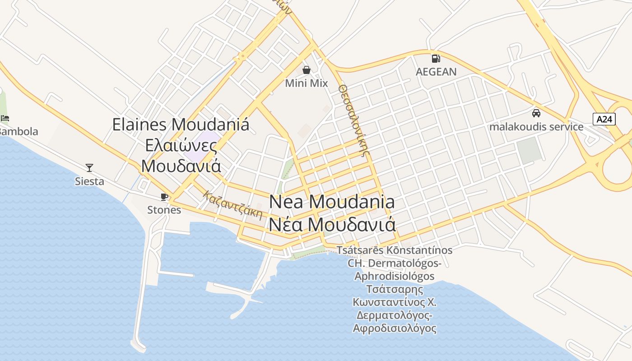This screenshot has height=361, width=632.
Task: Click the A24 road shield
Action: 604,119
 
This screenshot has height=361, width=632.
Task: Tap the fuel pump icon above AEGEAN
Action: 436,58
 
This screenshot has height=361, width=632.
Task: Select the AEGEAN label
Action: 436,72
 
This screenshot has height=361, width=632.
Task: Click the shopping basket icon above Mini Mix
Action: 307,70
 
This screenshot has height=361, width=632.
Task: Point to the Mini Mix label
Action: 307,83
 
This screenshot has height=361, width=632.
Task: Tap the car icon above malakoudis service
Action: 536,113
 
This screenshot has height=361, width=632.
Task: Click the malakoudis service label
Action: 536,127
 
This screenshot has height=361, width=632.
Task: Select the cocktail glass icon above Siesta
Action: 89,168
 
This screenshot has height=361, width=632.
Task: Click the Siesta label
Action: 89,181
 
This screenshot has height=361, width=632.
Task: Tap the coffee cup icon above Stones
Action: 164,197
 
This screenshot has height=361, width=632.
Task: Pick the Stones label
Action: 164,210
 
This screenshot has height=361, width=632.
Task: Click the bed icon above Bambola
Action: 5,119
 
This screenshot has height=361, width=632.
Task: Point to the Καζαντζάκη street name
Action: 232,205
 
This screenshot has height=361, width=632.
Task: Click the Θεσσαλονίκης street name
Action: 352,119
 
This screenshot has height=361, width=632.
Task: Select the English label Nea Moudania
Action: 332,202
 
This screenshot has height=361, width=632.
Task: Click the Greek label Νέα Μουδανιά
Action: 332,224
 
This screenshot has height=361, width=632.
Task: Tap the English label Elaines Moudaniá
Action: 181,125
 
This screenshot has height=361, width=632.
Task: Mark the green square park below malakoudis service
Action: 529,150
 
